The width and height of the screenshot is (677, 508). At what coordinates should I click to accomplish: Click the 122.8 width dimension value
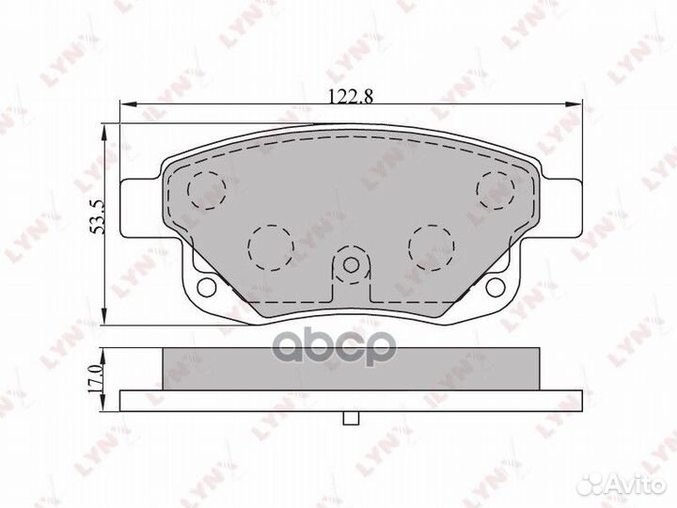351,96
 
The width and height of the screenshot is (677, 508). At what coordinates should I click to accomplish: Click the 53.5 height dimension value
98,217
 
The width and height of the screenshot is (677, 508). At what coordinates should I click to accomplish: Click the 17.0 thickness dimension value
95,379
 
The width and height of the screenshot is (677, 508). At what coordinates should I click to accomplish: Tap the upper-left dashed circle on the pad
207,190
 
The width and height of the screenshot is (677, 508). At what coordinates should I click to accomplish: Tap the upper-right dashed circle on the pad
496,190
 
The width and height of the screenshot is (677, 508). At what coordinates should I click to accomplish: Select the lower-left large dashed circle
271,248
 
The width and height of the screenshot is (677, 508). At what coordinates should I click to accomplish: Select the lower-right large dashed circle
433,248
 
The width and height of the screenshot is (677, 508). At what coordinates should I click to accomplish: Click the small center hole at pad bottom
351,264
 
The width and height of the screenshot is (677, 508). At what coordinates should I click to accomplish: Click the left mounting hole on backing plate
206,287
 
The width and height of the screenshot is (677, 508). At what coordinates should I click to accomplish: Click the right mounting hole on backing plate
496,287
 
